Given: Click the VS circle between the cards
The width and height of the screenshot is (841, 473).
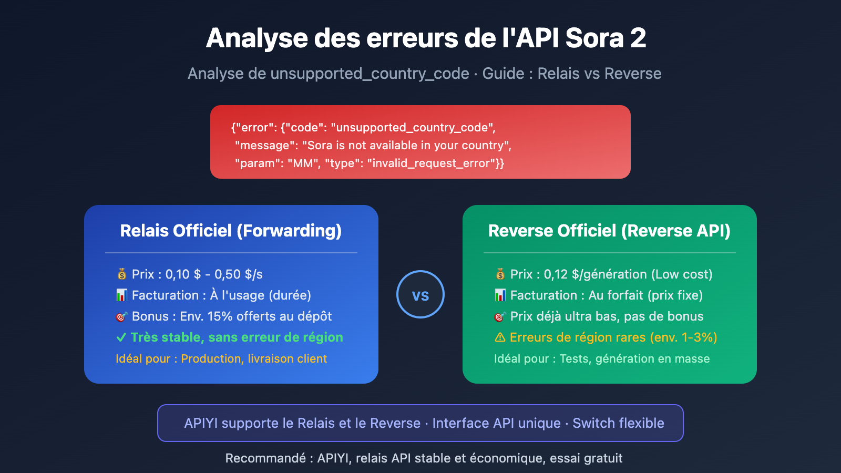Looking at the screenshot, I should pyautogui.click(x=420, y=294).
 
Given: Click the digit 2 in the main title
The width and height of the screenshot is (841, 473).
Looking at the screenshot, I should pyautogui.click(x=638, y=38).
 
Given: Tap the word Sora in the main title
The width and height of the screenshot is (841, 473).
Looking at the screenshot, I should pyautogui.click(x=594, y=38).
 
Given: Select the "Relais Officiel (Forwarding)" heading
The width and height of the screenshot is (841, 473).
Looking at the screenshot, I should pyautogui.click(x=231, y=231).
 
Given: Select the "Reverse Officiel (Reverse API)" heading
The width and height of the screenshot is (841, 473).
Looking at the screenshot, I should pyautogui.click(x=609, y=231).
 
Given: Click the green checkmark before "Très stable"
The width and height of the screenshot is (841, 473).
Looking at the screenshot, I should pyautogui.click(x=121, y=337).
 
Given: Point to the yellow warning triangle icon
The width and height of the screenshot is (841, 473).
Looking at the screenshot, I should pyautogui.click(x=500, y=337).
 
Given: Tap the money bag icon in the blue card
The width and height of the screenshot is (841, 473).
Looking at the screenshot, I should pyautogui.click(x=122, y=274).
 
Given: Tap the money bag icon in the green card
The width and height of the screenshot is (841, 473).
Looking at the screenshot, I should pyautogui.click(x=500, y=274).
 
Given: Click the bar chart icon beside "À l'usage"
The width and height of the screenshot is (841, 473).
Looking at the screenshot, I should pyautogui.click(x=122, y=295).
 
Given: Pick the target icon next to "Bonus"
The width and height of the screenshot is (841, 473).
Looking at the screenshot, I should pyautogui.click(x=122, y=316).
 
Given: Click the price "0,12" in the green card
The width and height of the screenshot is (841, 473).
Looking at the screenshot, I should pyautogui.click(x=556, y=274).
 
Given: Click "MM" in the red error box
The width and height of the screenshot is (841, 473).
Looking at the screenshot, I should pyautogui.click(x=303, y=163).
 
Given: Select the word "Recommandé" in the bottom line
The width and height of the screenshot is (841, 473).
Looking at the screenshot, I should pyautogui.click(x=265, y=458).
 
